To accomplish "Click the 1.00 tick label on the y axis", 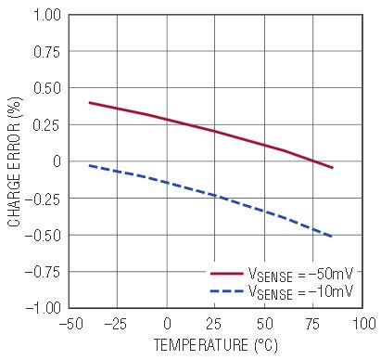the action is [47, 15].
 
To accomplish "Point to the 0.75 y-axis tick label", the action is [46, 52].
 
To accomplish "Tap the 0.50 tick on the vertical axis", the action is [46, 88].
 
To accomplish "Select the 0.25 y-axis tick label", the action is [46, 125].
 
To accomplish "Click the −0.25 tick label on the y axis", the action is [43, 199].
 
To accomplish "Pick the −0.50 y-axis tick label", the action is [43, 236].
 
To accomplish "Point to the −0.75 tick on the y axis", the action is [43, 272].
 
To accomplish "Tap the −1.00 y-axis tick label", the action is [43, 308].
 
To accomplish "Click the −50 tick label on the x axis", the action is [71, 324].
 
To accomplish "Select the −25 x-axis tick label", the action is [116, 324].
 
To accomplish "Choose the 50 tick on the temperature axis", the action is [265, 324].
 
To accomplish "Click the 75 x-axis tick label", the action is [312, 324].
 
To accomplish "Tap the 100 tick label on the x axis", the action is [364, 324].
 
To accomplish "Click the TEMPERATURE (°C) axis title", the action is [216, 345].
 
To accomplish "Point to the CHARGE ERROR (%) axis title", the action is [15, 161].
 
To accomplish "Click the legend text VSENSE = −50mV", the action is [300, 274].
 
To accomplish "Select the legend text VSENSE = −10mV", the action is [300, 291].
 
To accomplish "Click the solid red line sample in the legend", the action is [227, 274].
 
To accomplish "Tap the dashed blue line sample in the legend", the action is [227, 291].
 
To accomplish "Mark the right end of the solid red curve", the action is [333, 168].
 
